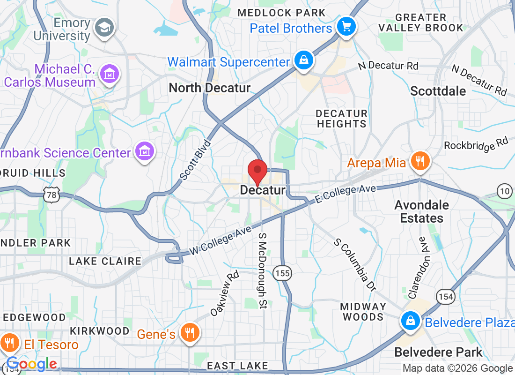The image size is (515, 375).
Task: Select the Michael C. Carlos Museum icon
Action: tap(110, 74)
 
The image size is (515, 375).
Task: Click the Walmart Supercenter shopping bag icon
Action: tap(304, 60)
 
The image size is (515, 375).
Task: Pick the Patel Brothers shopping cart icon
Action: tap(346, 26)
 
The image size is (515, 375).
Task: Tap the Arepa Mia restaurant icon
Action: tap(420, 162)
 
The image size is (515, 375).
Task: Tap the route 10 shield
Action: tap(505, 191)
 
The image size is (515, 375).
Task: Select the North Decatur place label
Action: tap(210, 88)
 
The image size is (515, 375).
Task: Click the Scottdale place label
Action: tap(438, 91)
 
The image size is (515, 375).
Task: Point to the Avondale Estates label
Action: tap(419, 211)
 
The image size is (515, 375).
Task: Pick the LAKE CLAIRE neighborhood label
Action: tap(105, 261)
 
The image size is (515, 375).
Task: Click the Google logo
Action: tap(31, 364)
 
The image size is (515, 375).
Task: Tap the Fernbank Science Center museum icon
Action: tap(145, 151)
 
